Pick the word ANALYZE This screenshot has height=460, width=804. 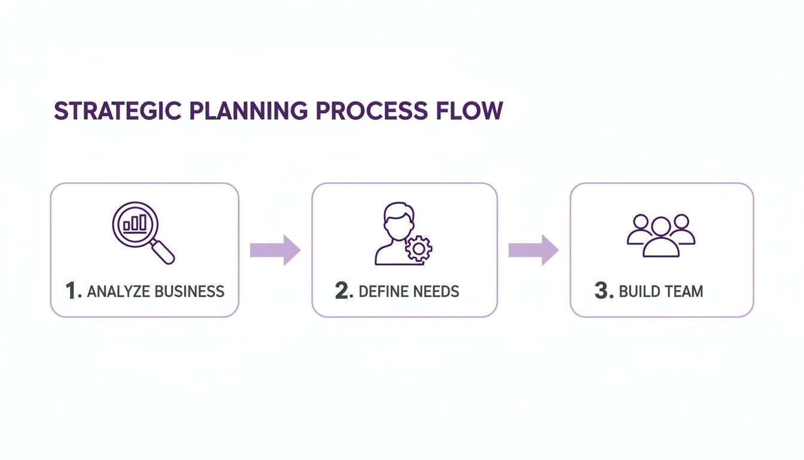118,292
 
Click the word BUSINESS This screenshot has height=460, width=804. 190,292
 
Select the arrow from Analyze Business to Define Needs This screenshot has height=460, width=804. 275,250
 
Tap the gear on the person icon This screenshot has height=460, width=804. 418,248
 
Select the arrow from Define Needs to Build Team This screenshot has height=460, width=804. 533,250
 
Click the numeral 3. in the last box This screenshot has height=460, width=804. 604,292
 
